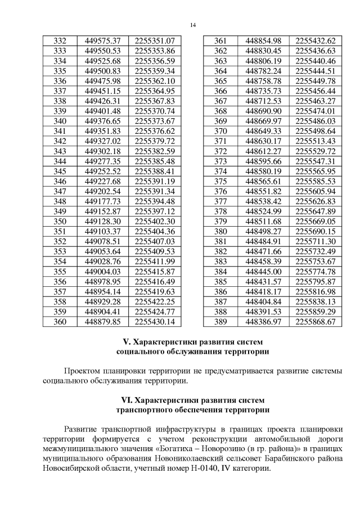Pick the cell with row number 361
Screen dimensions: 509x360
(x=220, y=41)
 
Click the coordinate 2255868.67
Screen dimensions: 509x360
(x=315, y=322)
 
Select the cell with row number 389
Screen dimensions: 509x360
(x=220, y=322)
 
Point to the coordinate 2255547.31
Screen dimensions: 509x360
(x=315, y=161)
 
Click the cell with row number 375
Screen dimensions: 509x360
(x=220, y=181)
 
